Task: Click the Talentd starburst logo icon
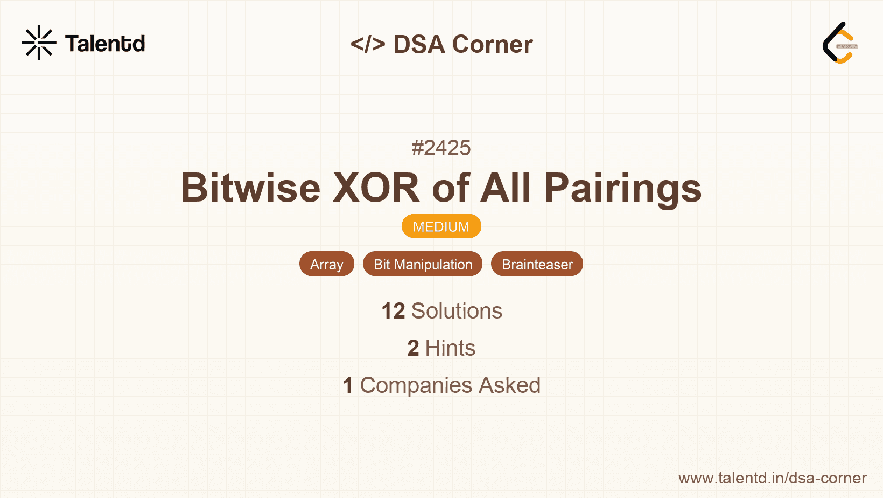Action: click(39, 43)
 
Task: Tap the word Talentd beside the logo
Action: click(105, 44)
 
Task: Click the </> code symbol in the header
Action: click(368, 44)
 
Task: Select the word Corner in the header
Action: click(492, 44)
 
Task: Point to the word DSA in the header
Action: click(419, 44)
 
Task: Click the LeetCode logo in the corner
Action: click(840, 43)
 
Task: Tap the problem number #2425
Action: click(441, 148)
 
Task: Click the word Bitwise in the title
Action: click(251, 188)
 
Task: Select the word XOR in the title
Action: click(376, 188)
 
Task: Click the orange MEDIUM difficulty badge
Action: click(441, 226)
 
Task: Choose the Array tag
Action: click(327, 264)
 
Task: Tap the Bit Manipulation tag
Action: click(423, 264)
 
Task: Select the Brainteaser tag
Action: click(537, 264)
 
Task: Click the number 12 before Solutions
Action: click(393, 311)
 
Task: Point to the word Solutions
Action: click(457, 311)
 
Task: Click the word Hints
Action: click(450, 348)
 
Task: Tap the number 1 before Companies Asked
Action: click(348, 385)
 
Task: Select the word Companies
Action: click(416, 386)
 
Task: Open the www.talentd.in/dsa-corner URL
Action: click(772, 478)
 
